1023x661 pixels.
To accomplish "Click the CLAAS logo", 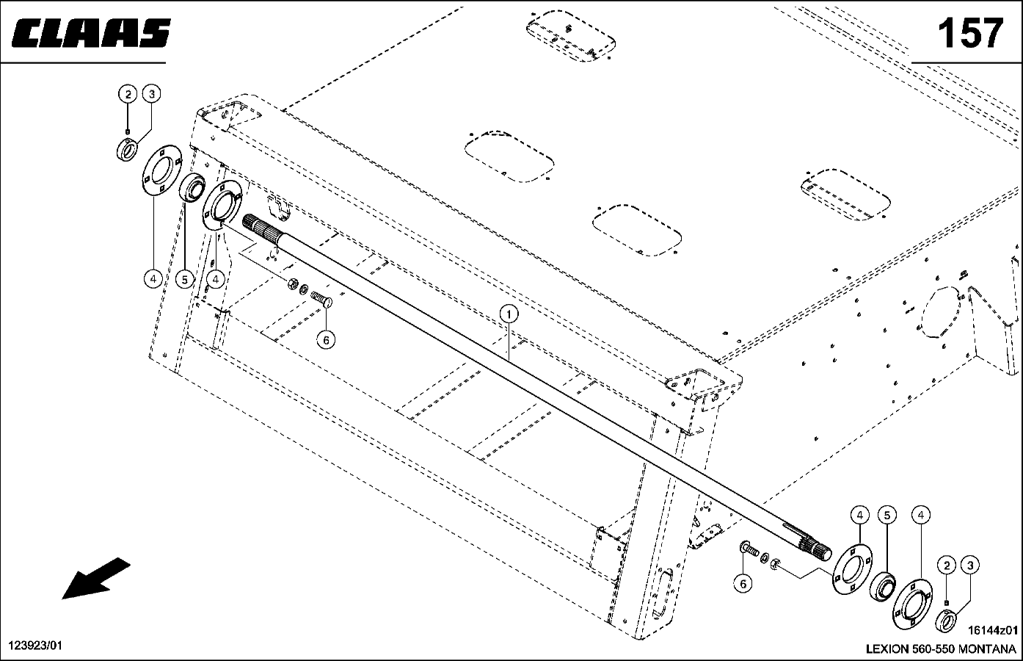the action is click(90, 33).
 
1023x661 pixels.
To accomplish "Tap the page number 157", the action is click(969, 33).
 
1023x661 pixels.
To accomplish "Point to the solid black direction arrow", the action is click(96, 578).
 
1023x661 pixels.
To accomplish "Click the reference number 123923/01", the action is click(35, 645).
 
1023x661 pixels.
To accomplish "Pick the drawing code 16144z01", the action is click(993, 630).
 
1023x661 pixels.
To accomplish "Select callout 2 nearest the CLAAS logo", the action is click(128, 94).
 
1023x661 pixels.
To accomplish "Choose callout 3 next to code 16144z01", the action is click(969, 566).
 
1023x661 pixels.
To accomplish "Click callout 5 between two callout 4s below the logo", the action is click(184, 279).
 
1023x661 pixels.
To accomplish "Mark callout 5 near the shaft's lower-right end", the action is click(887, 516).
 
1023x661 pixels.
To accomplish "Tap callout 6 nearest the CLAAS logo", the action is click(326, 340).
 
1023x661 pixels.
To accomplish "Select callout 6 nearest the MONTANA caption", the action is click(743, 584).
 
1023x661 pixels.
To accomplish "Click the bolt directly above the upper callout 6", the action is click(321, 299).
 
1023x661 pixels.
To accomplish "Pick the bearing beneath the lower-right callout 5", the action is click(881, 587).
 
